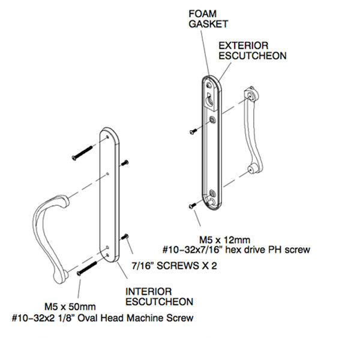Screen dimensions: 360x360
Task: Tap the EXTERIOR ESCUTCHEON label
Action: tap(251, 50)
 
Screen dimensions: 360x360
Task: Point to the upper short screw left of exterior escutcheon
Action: tap(192, 130)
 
